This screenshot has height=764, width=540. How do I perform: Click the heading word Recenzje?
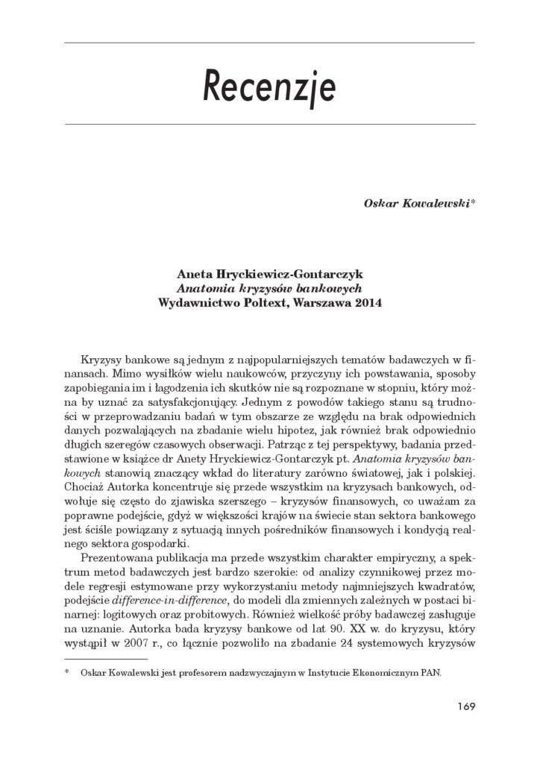pos(270,88)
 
